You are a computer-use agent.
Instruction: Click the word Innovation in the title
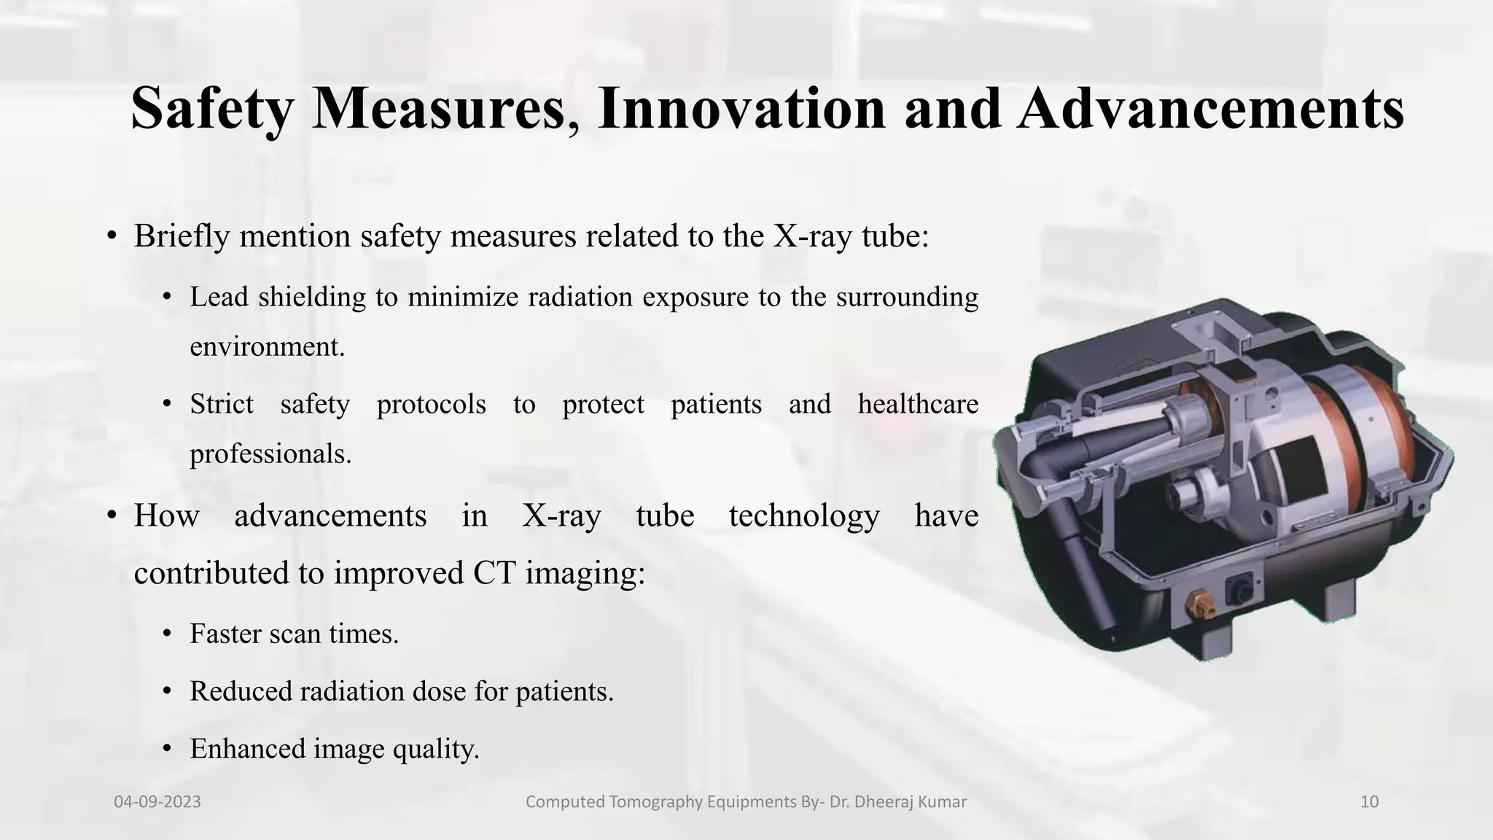tap(741, 109)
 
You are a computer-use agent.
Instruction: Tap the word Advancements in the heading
tap(1210, 109)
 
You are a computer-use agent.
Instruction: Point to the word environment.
tap(266, 346)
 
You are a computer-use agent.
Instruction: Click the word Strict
tap(222, 404)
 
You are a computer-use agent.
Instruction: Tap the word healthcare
tap(917, 404)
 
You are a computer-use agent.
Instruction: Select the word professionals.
tap(270, 454)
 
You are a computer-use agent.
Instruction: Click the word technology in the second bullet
tap(803, 516)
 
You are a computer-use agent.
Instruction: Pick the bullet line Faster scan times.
tap(294, 634)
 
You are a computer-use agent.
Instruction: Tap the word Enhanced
tap(247, 749)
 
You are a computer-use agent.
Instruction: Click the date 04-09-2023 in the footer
tap(157, 802)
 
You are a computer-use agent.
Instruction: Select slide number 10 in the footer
tap(1369, 802)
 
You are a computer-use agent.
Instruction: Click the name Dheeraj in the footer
tap(879, 802)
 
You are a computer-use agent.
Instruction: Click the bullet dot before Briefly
tap(111, 236)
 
